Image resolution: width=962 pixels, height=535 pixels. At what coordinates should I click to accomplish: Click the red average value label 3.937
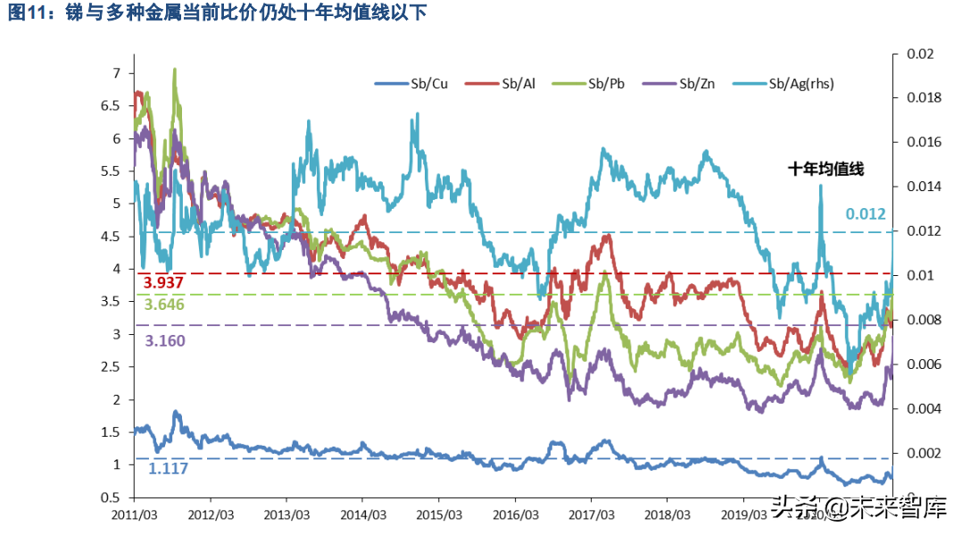[x=164, y=283]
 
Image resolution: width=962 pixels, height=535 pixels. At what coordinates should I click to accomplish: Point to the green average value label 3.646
[x=164, y=305]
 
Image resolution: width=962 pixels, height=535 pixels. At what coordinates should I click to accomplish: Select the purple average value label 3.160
[x=164, y=340]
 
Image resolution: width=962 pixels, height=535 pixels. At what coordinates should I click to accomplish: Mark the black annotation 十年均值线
[x=826, y=168]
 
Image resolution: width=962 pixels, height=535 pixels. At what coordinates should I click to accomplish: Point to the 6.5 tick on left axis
[x=109, y=105]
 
